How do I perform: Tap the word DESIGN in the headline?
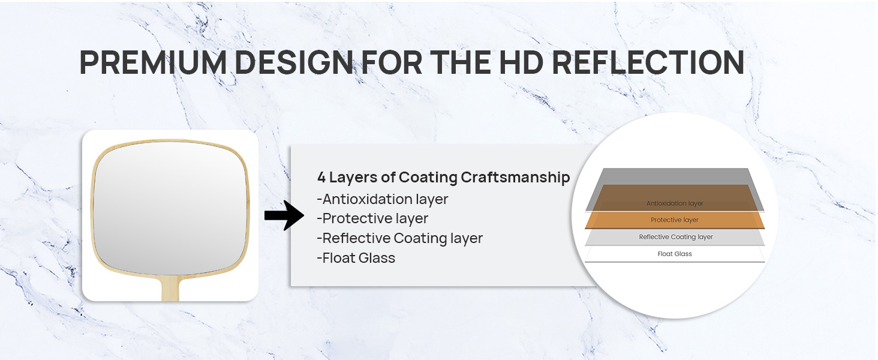click(294, 62)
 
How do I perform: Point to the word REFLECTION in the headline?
click(648, 62)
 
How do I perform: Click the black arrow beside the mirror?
click(284, 215)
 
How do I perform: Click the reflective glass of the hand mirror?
click(170, 207)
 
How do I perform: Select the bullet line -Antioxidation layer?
click(383, 199)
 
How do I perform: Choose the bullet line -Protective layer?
click(372, 218)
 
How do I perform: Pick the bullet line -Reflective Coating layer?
click(400, 238)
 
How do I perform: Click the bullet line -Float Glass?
click(356, 258)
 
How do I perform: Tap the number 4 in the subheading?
click(321, 177)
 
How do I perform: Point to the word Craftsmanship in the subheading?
click(515, 177)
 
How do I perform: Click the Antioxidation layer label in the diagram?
click(675, 203)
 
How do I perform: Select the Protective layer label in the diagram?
click(675, 220)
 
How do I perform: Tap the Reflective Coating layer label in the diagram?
click(676, 237)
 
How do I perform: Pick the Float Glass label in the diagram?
click(675, 254)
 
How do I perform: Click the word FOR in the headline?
click(392, 62)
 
